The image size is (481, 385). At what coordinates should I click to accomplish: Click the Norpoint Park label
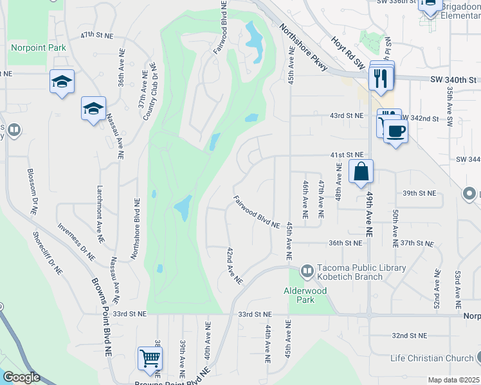39,47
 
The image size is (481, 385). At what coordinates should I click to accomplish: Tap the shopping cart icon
150,358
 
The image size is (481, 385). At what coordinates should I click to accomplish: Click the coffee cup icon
395,131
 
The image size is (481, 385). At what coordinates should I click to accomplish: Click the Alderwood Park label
305,295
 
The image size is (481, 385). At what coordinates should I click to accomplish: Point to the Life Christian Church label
431,357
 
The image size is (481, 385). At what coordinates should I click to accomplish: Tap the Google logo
21,377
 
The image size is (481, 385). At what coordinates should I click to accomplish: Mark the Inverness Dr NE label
76,241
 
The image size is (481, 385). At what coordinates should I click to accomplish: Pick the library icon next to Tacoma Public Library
307,272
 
